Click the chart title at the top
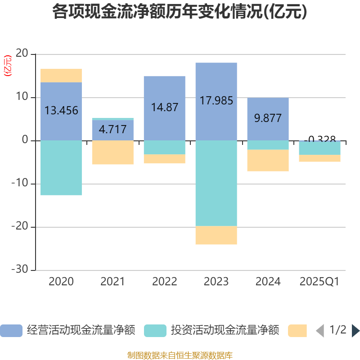tap(180, 12)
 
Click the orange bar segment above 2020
tap(61, 76)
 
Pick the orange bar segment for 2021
tap(112, 153)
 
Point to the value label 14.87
tap(164, 108)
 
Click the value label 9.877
tap(268, 118)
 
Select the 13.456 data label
tap(61, 111)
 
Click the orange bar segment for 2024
tap(268, 161)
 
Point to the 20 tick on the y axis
tap(22, 54)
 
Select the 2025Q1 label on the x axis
tap(319, 282)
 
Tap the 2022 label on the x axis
tap(164, 282)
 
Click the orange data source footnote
tap(180, 355)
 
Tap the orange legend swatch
tap(297, 331)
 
